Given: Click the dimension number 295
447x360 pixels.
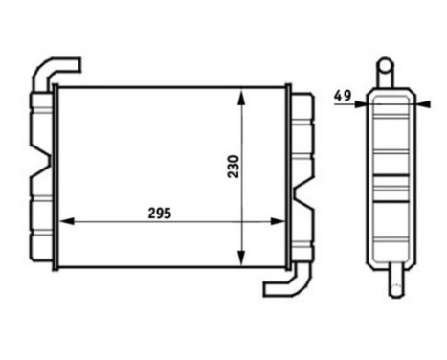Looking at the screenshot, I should pos(160,213).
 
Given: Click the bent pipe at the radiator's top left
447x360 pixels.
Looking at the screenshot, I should pos(56,69).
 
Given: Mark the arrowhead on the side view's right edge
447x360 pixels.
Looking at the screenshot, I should pos(417,104).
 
